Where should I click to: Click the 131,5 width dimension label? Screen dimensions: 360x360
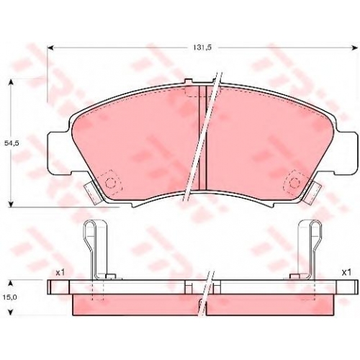pyautogui.click(x=202, y=48)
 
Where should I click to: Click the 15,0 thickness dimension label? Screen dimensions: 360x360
pyautogui.click(x=10, y=297)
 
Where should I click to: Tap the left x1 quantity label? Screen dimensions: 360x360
pyautogui.click(x=60, y=272)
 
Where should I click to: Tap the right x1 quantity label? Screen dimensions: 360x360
pyautogui.click(x=346, y=272)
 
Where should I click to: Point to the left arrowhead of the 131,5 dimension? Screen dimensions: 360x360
pyautogui.click(x=50, y=48)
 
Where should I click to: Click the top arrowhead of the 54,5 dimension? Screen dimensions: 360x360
pyautogui.click(x=10, y=83)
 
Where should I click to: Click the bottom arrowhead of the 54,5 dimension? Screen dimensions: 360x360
pyautogui.click(x=10, y=204)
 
